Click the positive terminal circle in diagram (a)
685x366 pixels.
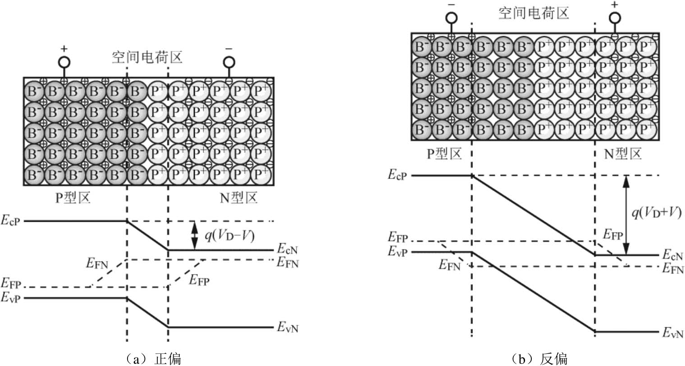[64, 61]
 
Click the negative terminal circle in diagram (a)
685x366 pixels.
[229, 61]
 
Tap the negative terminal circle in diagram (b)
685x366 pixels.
[452, 18]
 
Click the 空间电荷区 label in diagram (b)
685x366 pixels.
[534, 13]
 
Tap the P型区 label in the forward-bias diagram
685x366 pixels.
[73, 198]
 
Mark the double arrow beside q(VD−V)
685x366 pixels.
[195, 235]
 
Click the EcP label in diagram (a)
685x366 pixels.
[12, 221]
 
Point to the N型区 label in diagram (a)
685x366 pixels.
[238, 198]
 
